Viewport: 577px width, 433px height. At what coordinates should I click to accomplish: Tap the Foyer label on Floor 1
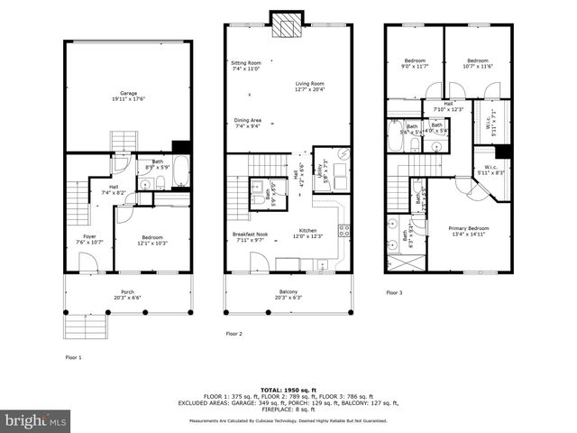click(78, 239)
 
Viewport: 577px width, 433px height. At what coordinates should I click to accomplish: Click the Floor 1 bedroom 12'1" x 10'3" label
click(153, 242)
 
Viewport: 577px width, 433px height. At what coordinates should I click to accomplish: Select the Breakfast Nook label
click(246, 237)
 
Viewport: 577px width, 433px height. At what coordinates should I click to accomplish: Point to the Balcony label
click(288, 293)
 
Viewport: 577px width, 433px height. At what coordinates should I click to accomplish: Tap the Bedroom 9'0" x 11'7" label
click(414, 63)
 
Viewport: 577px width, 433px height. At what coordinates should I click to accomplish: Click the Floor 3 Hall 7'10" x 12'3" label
click(448, 106)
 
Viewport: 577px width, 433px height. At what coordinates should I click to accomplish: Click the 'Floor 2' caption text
click(234, 333)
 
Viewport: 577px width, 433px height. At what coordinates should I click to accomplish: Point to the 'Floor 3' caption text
click(395, 292)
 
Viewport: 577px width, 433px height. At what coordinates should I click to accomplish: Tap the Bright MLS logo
click(36, 420)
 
